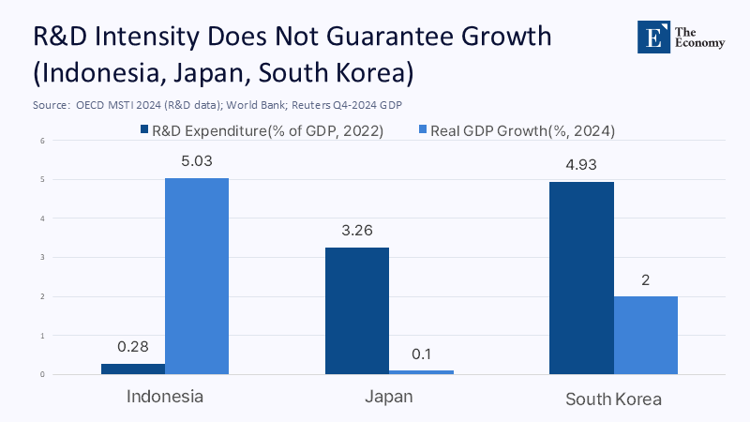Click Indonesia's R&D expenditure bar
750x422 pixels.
[x=133, y=369]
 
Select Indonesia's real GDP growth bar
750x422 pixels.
[x=197, y=276]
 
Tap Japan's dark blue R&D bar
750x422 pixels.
[x=357, y=310]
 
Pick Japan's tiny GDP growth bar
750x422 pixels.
[x=421, y=372]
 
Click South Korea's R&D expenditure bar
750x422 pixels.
[x=581, y=278]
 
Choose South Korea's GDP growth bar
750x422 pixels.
[x=646, y=335]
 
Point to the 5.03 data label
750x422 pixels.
[x=197, y=161]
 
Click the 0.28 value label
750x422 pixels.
[x=133, y=347]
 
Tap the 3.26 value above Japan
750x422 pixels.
[x=357, y=231]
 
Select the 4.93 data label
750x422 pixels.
[x=581, y=165]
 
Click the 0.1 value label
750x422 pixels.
[x=421, y=354]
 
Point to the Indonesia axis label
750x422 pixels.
[x=165, y=397]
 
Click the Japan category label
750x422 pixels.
[x=389, y=397]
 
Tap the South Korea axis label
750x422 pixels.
[x=613, y=399]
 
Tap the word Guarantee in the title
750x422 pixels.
[x=379, y=38]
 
